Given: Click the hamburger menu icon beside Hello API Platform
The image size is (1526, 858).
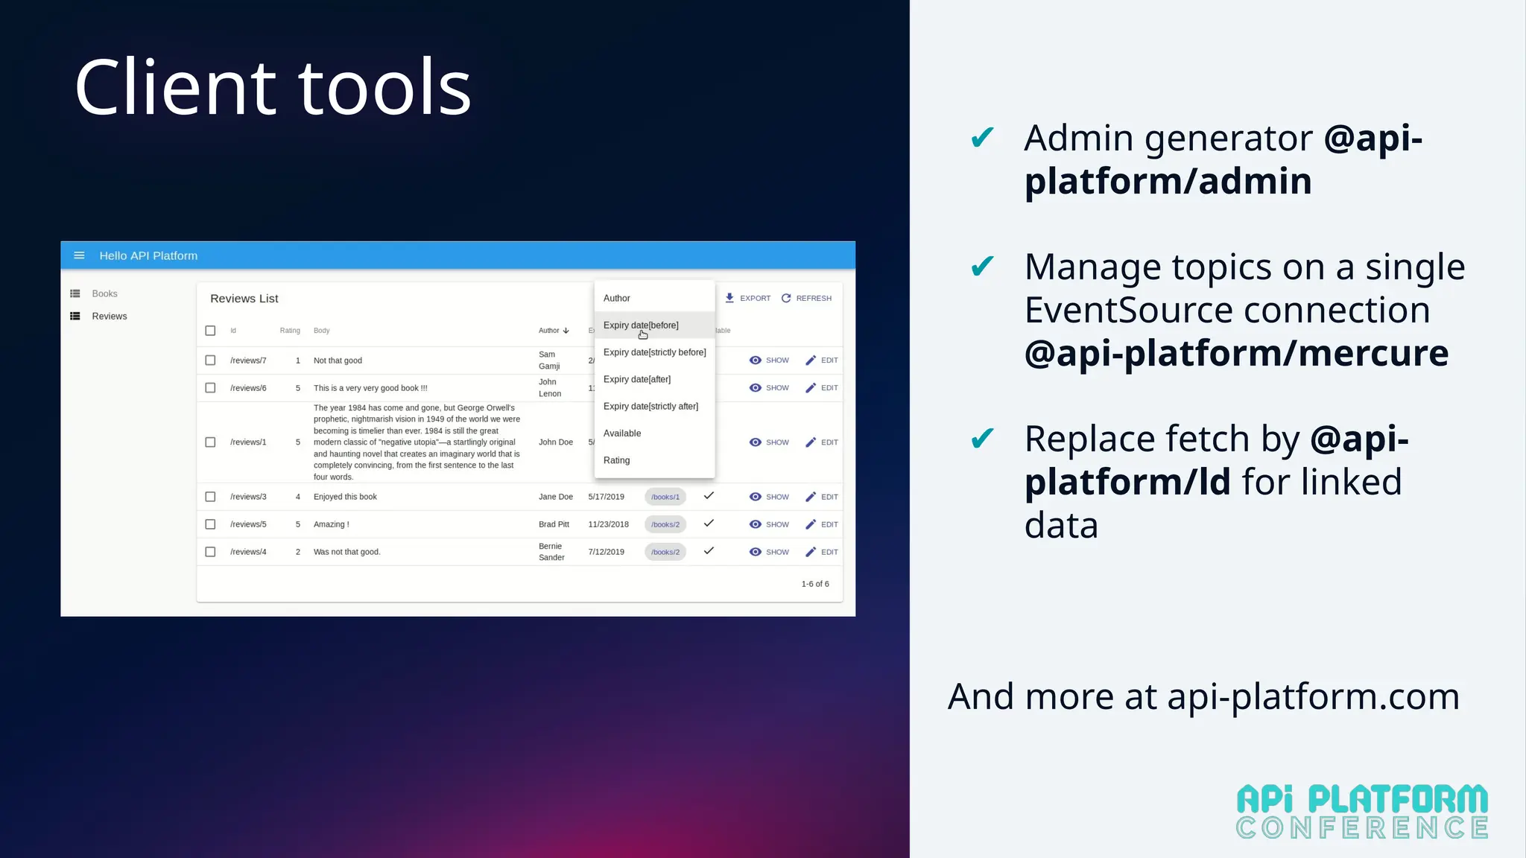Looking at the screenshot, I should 79,255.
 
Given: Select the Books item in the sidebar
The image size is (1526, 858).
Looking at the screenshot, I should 104,293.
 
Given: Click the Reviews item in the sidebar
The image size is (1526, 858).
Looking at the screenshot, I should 109,317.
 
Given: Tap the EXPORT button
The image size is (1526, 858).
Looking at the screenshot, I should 748,298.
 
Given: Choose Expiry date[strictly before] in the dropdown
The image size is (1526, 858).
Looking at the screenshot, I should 654,352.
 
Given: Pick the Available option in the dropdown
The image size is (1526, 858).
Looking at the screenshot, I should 622,433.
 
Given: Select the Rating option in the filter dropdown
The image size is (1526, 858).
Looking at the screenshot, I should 616,460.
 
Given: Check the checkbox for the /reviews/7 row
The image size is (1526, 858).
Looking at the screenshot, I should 210,360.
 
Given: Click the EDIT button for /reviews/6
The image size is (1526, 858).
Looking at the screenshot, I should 822,388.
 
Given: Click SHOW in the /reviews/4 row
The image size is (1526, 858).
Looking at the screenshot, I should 769,552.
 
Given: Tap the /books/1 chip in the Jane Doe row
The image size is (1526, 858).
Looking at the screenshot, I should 665,497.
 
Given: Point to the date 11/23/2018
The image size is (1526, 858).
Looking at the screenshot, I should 608,524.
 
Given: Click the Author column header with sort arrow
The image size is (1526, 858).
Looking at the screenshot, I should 554,331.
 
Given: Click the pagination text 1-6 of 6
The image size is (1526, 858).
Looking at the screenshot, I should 815,584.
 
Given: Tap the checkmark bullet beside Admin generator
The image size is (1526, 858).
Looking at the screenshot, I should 982,138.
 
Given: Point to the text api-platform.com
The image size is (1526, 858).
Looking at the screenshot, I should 1313,697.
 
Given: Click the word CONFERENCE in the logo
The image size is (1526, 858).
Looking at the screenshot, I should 1361,828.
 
